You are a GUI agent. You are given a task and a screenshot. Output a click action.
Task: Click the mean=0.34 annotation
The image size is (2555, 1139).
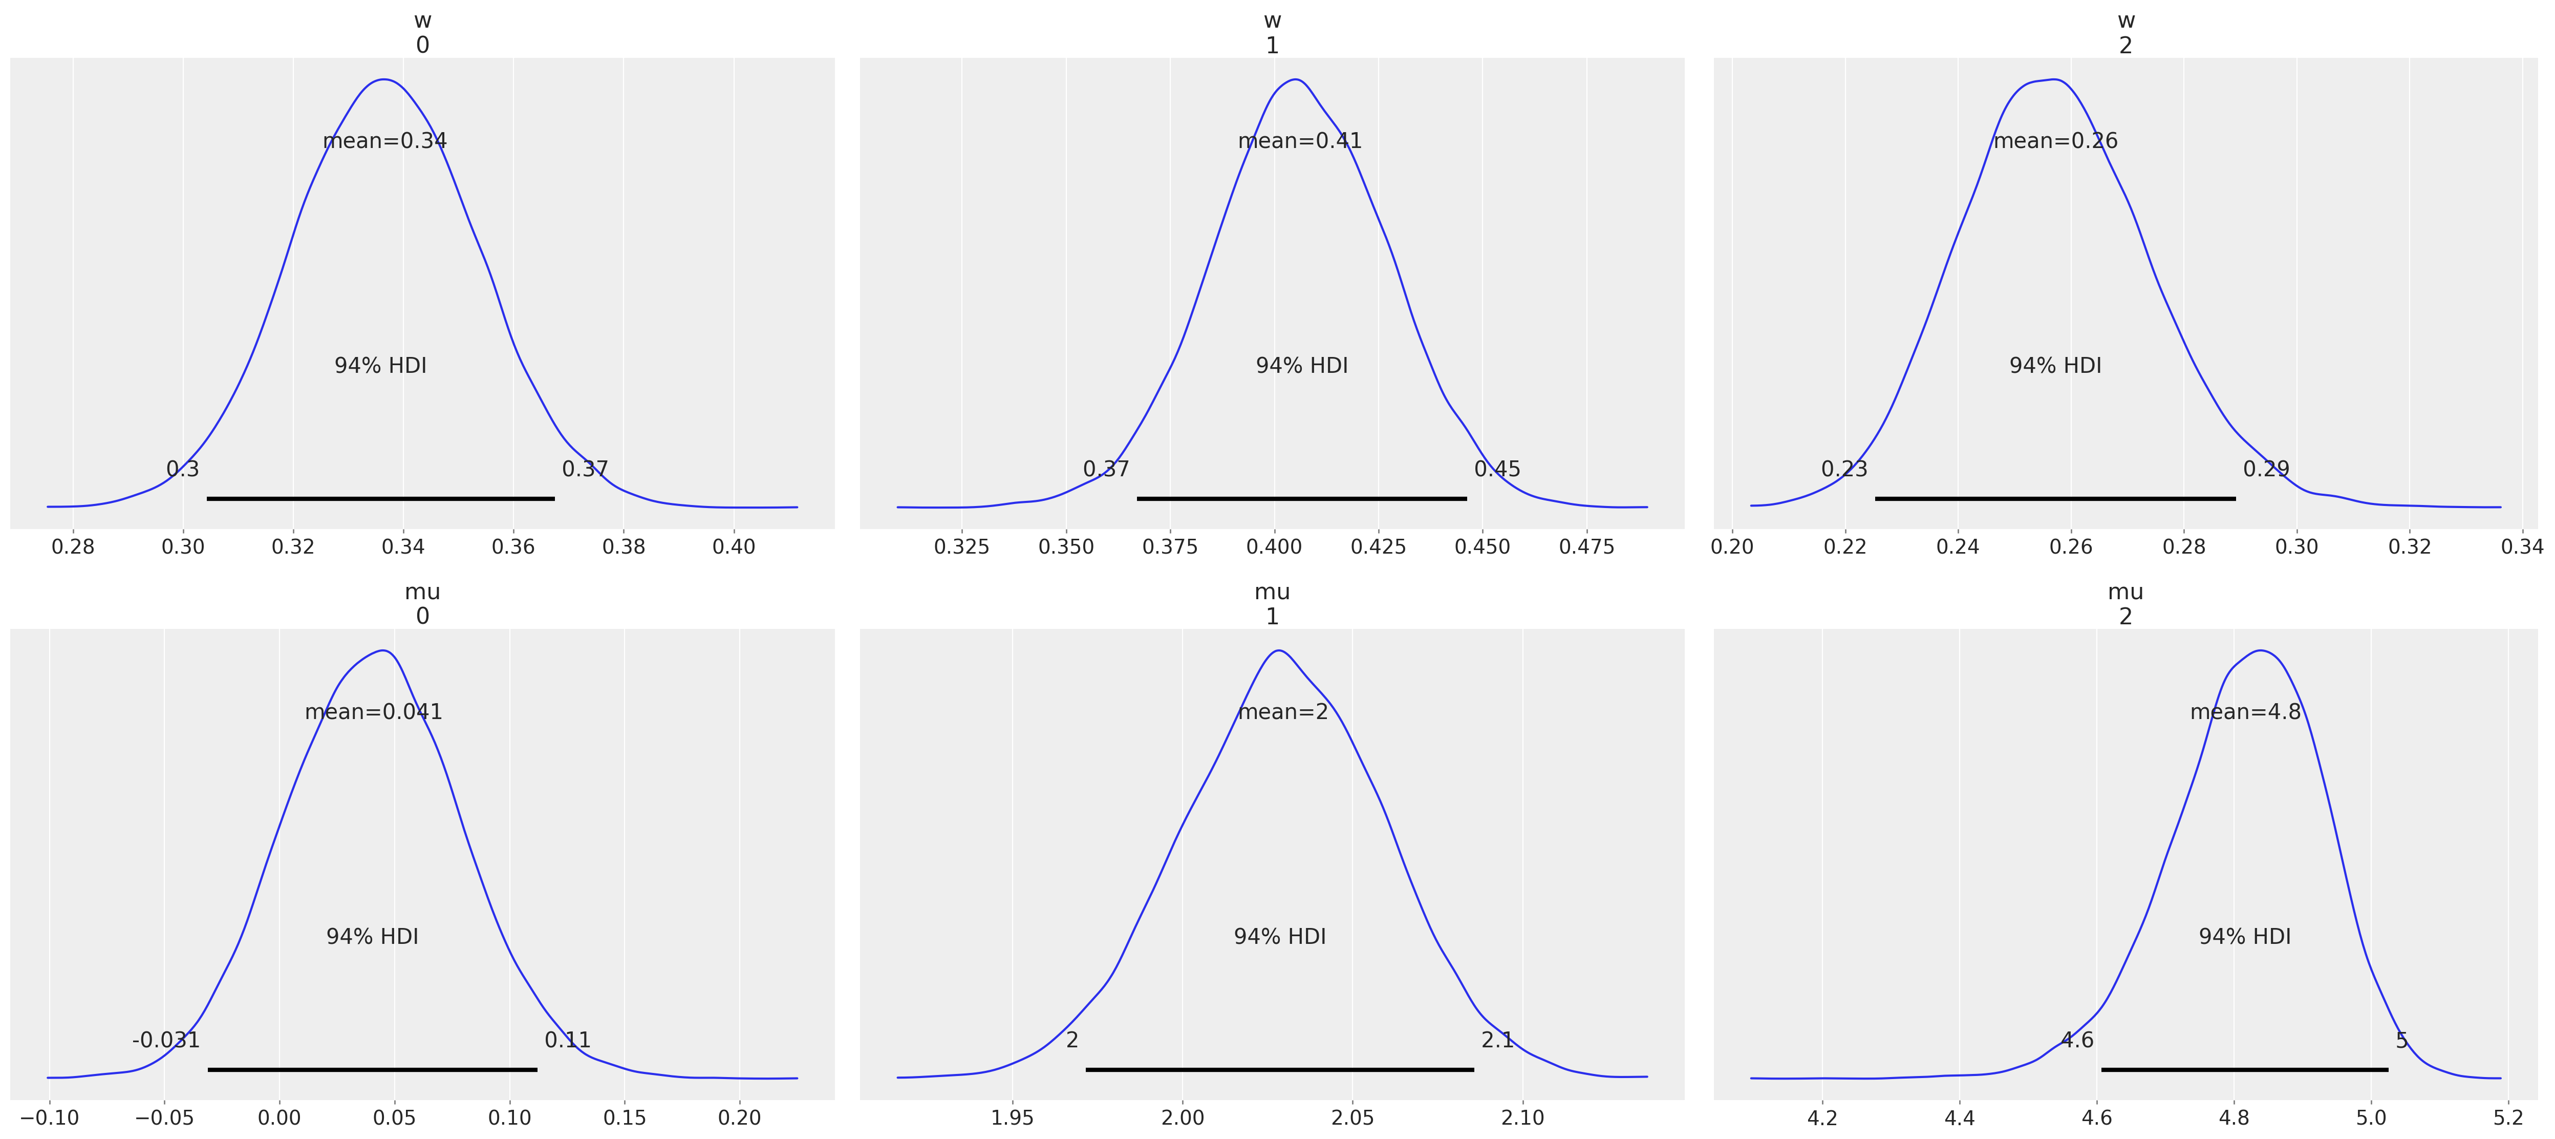pyautogui.click(x=385, y=141)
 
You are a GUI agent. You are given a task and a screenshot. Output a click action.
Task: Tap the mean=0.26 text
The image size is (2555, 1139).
pyautogui.click(x=2055, y=141)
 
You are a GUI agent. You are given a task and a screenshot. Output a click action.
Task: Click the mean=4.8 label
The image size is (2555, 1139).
pyautogui.click(x=2245, y=712)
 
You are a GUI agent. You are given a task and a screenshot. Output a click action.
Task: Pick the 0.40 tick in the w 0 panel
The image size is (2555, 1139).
pyautogui.click(x=734, y=546)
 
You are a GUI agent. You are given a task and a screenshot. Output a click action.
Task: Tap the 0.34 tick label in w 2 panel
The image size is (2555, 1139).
pyautogui.click(x=2521, y=546)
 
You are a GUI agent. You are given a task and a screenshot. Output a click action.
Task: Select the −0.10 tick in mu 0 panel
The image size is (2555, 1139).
pyautogui.click(x=49, y=1117)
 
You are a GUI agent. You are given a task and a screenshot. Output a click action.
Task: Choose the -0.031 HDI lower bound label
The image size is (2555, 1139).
pyautogui.click(x=166, y=1040)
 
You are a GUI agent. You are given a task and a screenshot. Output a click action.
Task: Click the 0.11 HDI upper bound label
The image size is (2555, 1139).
pyautogui.click(x=567, y=1040)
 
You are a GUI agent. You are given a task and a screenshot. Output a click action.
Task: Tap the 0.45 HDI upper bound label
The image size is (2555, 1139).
pyautogui.click(x=1497, y=469)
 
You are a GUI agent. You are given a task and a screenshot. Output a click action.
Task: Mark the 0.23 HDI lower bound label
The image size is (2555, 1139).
pyautogui.click(x=1844, y=469)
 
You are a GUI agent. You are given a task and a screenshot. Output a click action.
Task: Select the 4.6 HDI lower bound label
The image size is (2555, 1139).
pyautogui.click(x=2077, y=1040)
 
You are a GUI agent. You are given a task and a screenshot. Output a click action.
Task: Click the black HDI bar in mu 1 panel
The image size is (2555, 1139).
pyautogui.click(x=1279, y=1069)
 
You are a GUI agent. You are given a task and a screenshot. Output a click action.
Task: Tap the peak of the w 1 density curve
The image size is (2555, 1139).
pyautogui.click(x=1294, y=79)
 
